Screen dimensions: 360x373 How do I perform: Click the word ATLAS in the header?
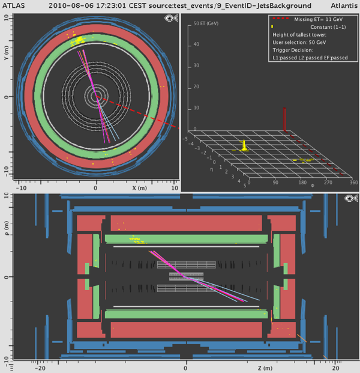click(14, 5)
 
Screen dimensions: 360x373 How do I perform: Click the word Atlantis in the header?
click(344, 5)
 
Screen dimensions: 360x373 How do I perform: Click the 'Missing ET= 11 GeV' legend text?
click(318, 19)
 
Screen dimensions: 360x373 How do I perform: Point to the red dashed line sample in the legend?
click(280, 18)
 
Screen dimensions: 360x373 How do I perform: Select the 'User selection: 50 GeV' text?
click(299, 42)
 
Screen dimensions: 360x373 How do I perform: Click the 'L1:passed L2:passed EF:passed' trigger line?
click(310, 58)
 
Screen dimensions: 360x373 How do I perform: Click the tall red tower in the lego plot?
click(284, 120)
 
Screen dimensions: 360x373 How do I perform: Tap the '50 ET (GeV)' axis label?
click(206, 23)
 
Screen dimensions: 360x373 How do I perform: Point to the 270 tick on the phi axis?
click(328, 183)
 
